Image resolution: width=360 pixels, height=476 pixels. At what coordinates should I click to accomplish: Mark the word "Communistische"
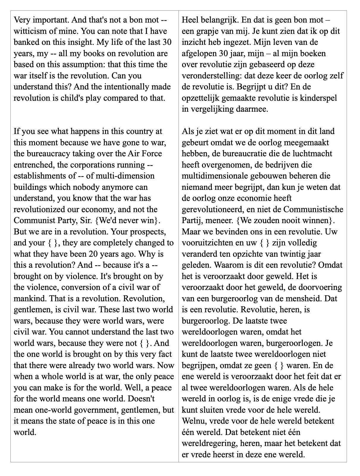[x=313, y=209]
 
